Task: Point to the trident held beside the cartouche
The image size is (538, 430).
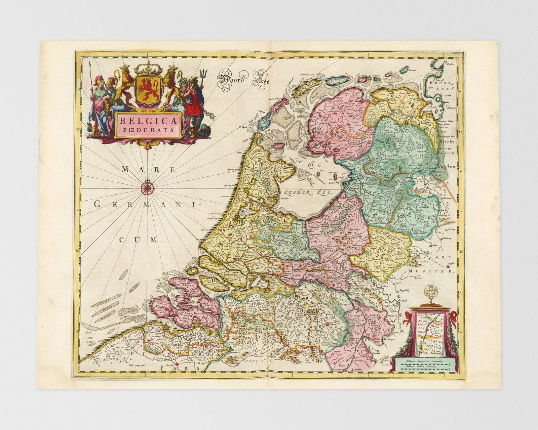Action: [202, 75]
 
